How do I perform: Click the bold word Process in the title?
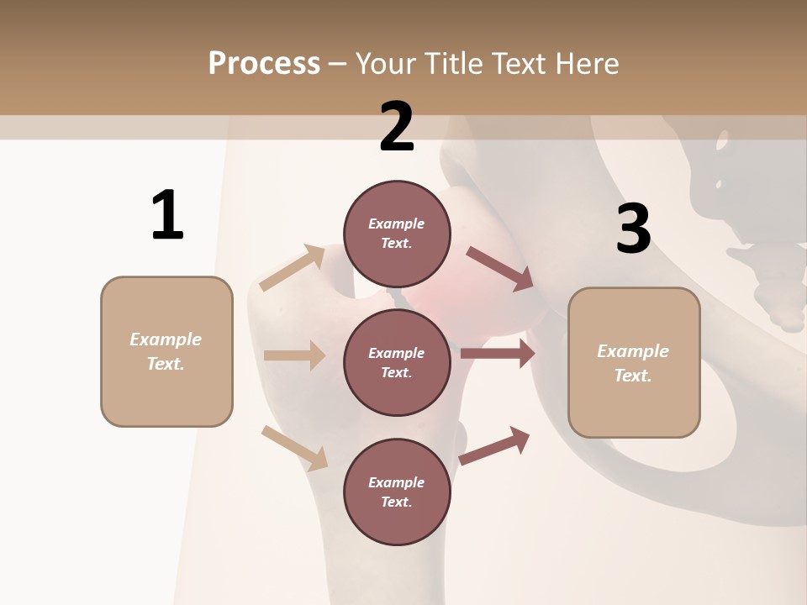(264, 63)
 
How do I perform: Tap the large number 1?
(167, 215)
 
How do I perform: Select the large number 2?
(397, 128)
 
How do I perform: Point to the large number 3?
(633, 229)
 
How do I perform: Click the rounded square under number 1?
(166, 351)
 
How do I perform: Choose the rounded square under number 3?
(634, 362)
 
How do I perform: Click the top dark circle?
(397, 234)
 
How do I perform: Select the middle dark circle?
(397, 362)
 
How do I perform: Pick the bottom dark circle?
(397, 492)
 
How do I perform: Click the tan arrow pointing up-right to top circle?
(293, 268)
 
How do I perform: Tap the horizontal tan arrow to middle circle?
(294, 355)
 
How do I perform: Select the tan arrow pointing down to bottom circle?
(294, 447)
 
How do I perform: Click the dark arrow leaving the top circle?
(500, 269)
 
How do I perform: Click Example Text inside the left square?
(166, 351)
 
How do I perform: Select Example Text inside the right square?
(634, 362)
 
